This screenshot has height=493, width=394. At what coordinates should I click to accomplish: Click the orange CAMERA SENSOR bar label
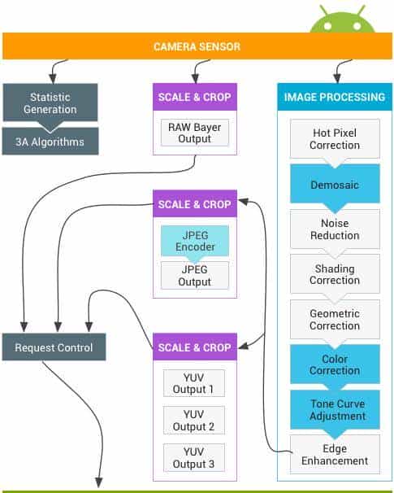click(197, 46)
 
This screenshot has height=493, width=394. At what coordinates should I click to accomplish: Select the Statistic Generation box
click(50, 103)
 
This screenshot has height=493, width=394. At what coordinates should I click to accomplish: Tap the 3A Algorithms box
click(50, 142)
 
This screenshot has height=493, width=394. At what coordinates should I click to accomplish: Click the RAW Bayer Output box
click(195, 133)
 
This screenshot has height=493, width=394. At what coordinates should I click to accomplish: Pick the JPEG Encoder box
click(195, 241)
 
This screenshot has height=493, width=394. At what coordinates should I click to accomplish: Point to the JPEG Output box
click(195, 276)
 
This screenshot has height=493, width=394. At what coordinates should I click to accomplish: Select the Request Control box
click(54, 347)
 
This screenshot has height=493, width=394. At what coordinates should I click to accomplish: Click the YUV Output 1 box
click(194, 383)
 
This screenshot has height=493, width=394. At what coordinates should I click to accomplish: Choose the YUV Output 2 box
click(194, 421)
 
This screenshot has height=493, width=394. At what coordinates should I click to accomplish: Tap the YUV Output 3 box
click(194, 458)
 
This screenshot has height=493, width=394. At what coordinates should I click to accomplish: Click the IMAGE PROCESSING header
click(335, 97)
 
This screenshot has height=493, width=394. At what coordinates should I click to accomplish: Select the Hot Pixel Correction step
click(335, 138)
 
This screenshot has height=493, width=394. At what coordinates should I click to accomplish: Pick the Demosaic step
click(335, 184)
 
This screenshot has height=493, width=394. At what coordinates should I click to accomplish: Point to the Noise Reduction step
click(335, 229)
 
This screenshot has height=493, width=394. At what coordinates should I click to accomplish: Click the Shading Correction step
click(335, 274)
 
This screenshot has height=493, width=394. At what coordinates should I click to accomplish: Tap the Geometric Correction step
click(335, 320)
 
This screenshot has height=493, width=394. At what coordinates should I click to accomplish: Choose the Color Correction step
click(335, 364)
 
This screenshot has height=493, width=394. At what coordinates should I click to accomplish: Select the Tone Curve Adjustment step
click(335, 410)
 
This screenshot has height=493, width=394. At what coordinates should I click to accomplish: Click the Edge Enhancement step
click(335, 454)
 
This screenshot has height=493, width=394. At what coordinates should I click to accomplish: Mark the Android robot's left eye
click(327, 26)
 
